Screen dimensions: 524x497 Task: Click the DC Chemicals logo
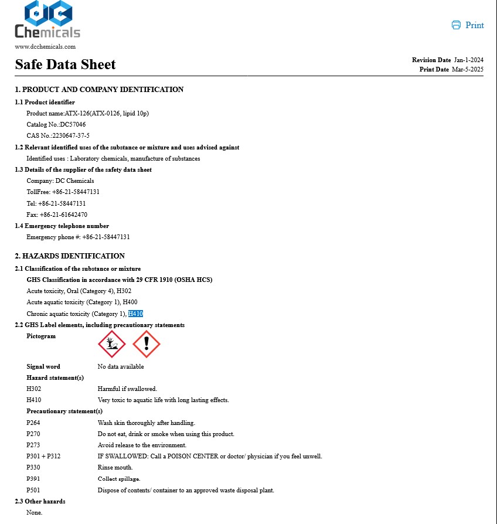(47, 20)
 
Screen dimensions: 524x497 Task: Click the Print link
(474, 25)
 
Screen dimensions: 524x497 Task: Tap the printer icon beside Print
(456, 25)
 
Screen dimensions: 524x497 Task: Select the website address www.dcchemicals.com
(45, 47)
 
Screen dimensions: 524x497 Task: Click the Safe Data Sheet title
(65, 64)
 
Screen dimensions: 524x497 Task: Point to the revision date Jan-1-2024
(468, 60)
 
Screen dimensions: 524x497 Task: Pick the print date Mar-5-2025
(467, 70)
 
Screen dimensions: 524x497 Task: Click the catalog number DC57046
(73, 125)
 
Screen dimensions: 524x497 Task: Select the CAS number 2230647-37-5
(70, 136)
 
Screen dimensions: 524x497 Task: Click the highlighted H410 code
(135, 314)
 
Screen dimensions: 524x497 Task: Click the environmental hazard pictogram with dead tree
(111, 344)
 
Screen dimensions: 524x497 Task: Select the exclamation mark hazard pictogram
(147, 344)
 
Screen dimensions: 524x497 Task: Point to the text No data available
(121, 367)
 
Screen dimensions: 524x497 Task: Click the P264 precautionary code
(34, 423)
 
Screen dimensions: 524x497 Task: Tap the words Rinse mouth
(115, 467)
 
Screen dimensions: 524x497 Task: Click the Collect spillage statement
(119, 479)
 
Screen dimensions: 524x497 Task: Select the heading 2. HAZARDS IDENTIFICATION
(70, 256)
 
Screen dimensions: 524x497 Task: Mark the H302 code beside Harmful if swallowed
(34, 389)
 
